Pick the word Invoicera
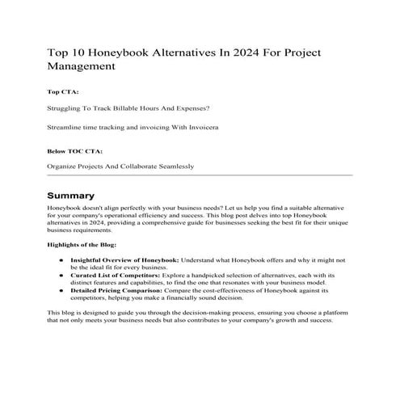tap(200, 128)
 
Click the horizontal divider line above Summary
tap(200, 175)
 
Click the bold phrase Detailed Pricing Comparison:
tap(117, 290)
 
